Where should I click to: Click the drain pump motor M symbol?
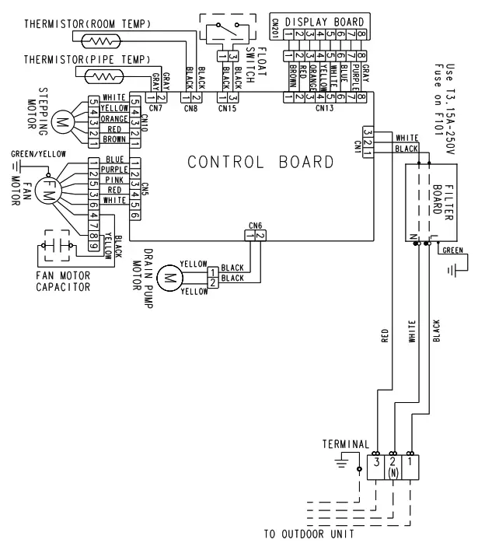point(168,275)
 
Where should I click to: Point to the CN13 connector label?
point(324,108)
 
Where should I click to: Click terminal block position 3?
point(377,471)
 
